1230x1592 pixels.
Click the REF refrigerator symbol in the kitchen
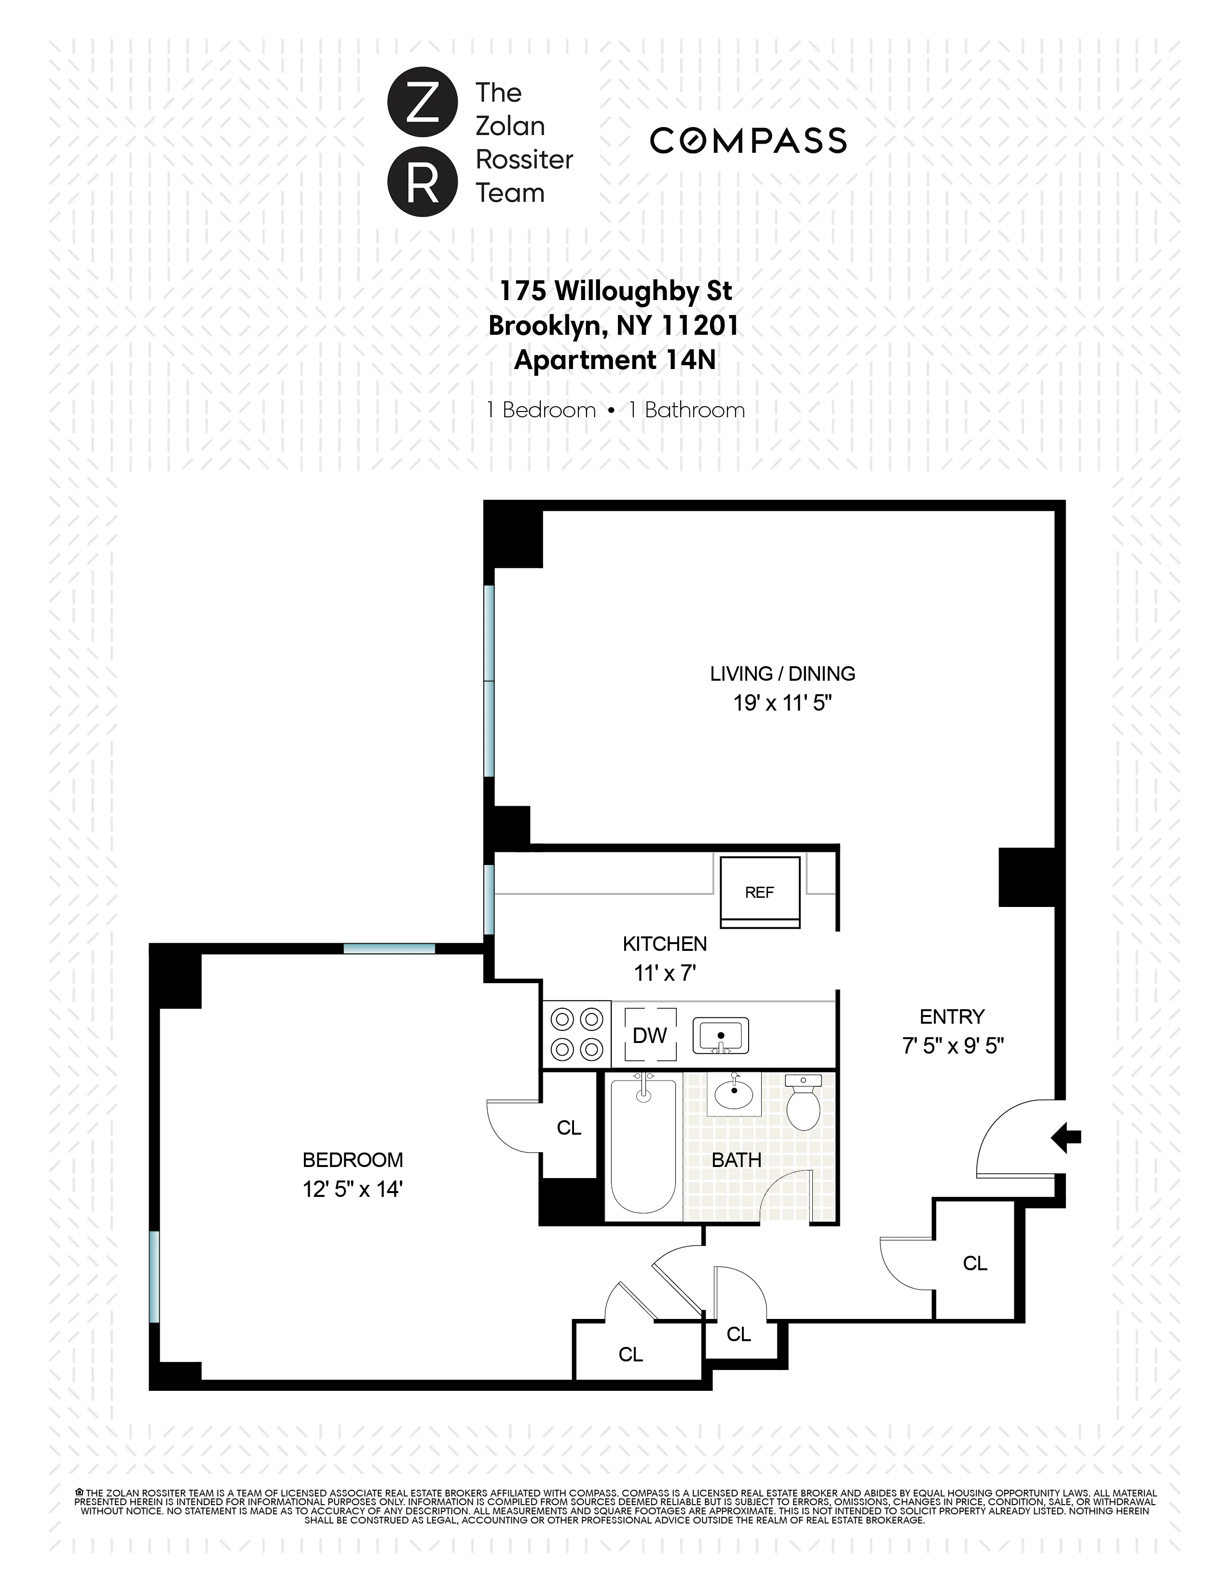759,892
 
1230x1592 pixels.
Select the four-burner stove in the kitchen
577,1034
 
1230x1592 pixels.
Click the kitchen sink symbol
720,1035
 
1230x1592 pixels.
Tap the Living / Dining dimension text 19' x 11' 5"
782,703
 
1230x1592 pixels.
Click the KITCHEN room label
665,944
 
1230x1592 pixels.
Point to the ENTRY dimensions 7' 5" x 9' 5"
952,1046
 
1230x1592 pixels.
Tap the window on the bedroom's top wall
389,948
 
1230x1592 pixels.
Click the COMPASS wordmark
748,141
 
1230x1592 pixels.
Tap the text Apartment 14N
615,360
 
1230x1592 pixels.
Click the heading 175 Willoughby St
615,291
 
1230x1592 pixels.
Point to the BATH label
736,1160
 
